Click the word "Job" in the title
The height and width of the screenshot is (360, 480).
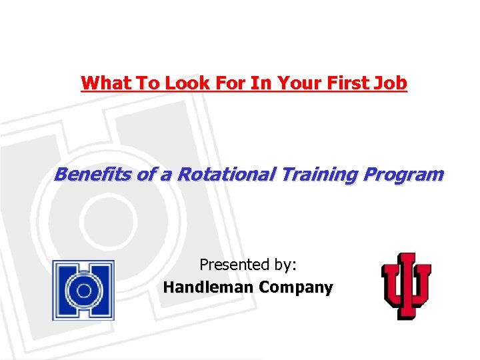391,83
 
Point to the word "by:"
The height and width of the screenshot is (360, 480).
283,265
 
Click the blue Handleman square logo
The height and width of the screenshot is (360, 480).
83,290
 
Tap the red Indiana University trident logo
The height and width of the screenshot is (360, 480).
405,285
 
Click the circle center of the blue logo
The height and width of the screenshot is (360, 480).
83,291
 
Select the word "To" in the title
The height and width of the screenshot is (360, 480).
146,83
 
